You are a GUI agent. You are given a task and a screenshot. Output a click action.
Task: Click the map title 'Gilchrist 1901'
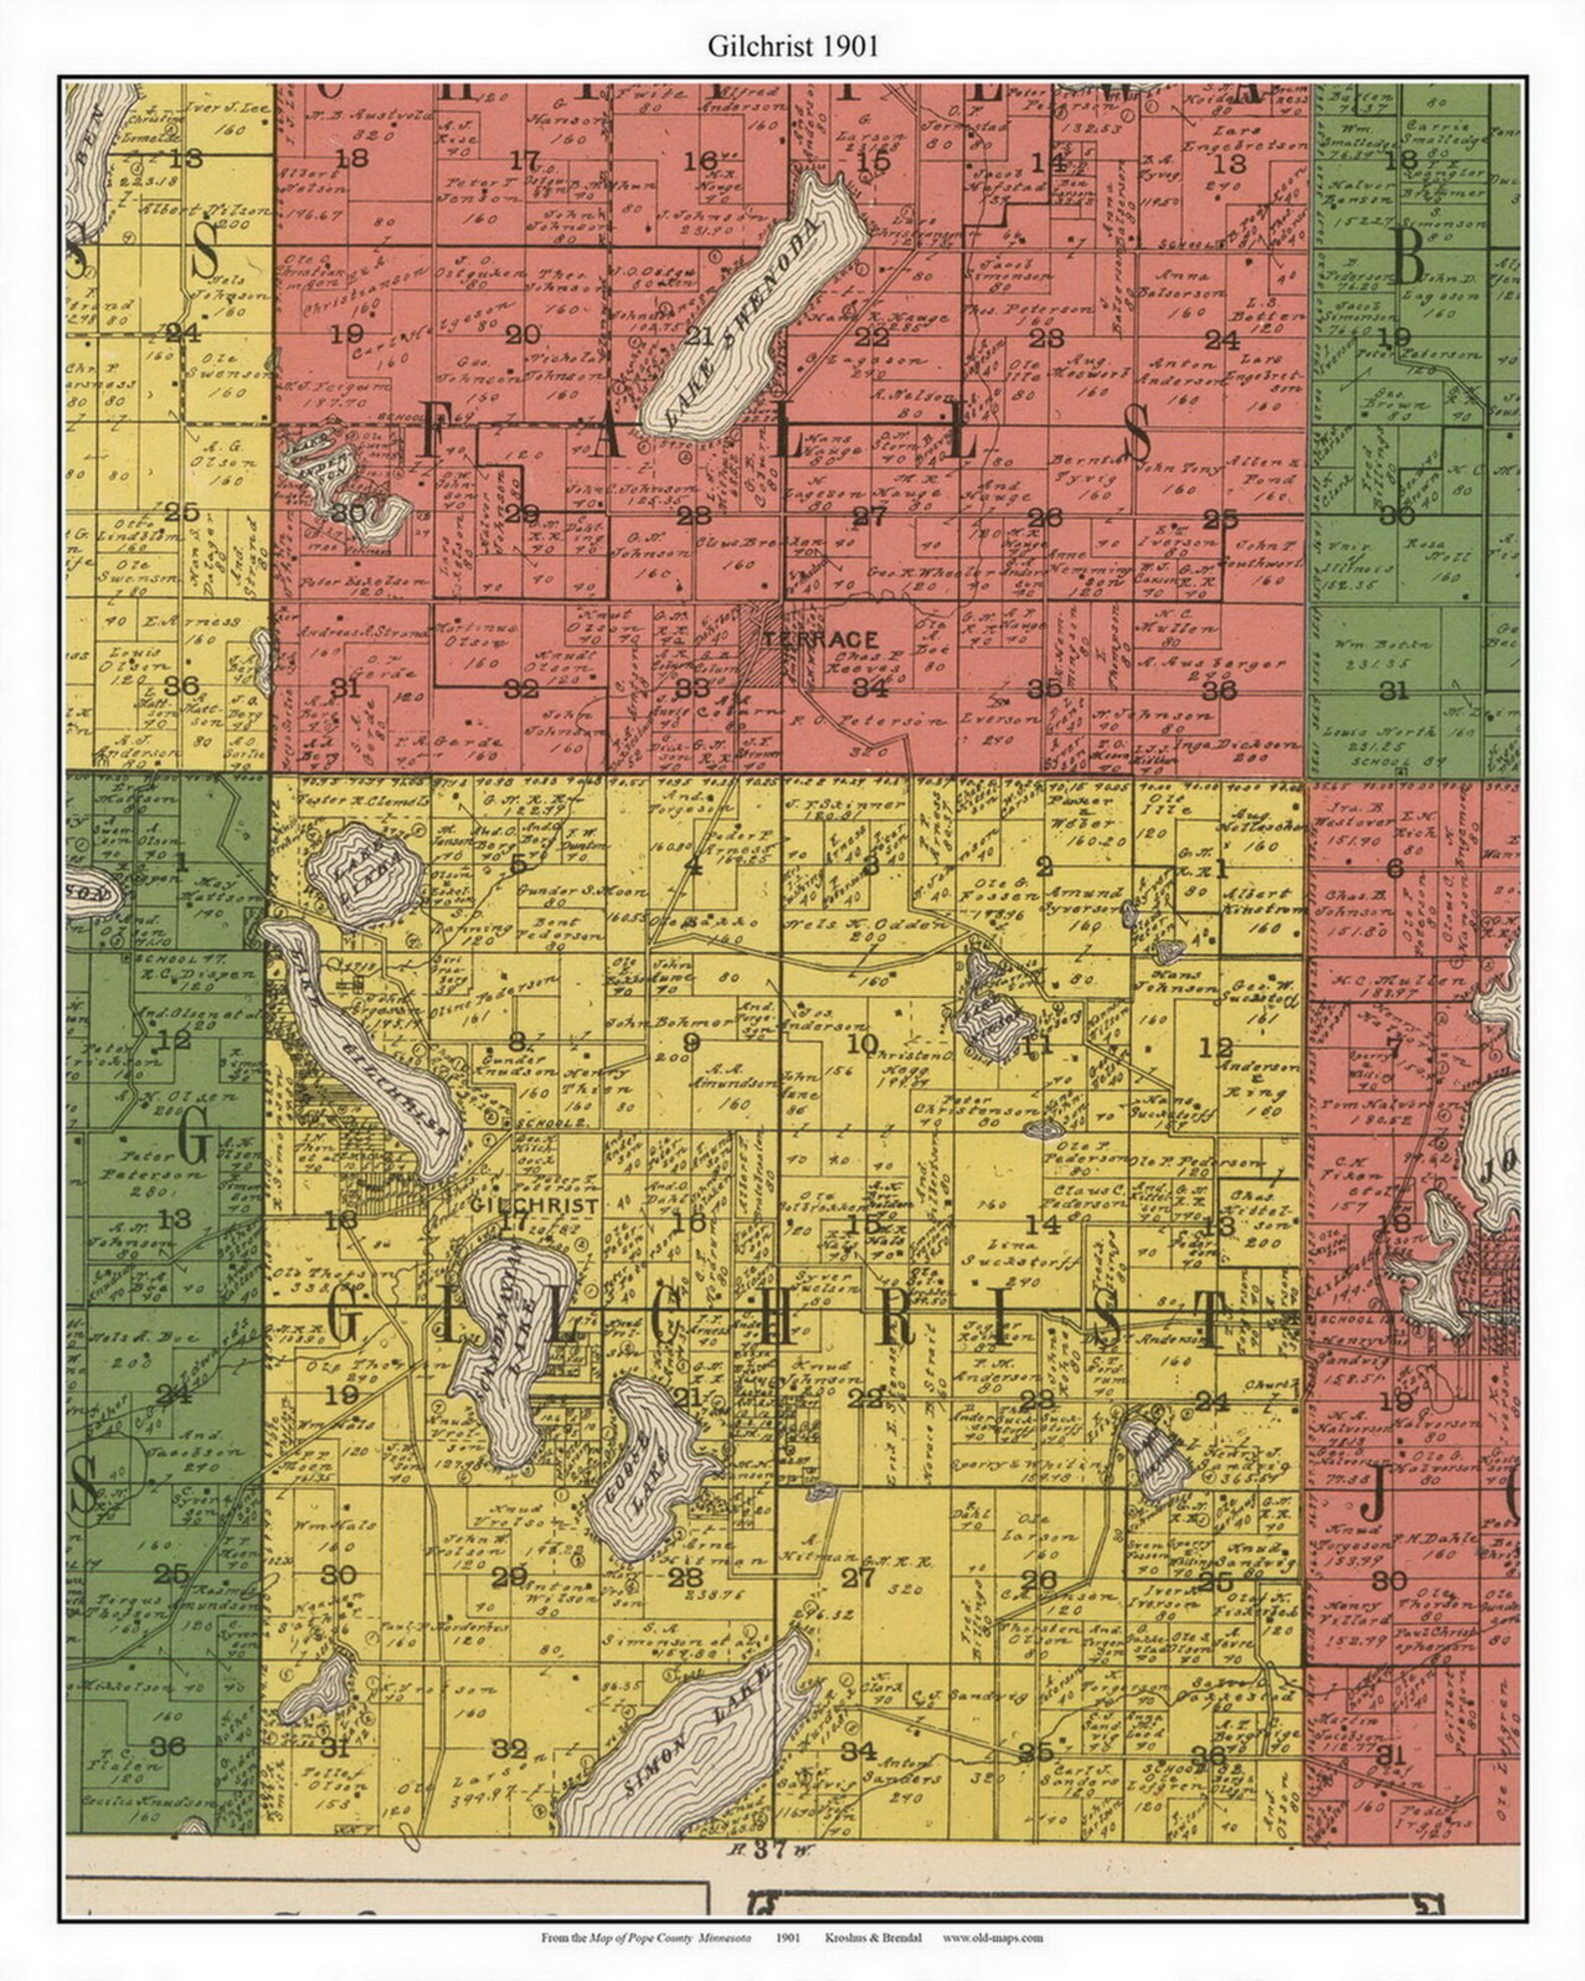(x=793, y=47)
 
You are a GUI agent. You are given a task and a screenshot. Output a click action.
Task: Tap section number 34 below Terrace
(x=869, y=688)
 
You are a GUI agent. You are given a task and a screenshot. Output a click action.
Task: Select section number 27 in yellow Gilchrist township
(x=858, y=1577)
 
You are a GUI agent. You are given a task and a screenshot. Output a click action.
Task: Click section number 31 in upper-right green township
(x=1394, y=691)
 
